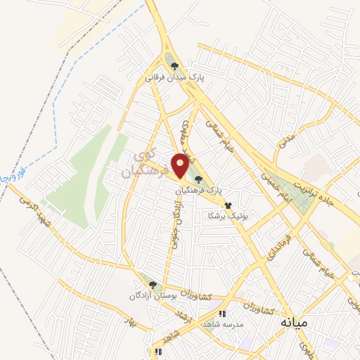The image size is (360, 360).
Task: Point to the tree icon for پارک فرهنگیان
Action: pos(199,179)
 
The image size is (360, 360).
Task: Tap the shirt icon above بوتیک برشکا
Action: pos(227,205)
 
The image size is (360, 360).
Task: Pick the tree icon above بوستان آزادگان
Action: pos(153,284)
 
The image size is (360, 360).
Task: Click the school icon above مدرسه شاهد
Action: pos(222,314)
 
